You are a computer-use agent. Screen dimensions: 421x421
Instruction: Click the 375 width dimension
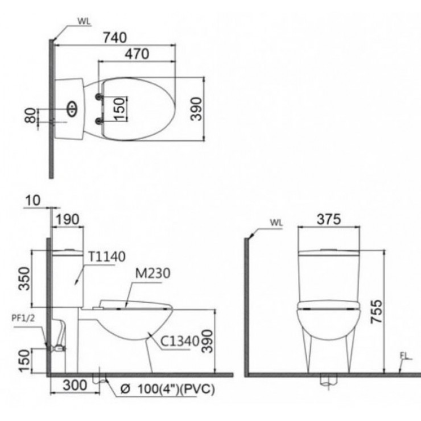328,219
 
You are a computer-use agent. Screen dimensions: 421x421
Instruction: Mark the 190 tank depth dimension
67,219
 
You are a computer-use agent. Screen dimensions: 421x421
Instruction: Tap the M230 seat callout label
152,274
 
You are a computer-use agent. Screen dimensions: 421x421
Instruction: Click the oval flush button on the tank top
71,109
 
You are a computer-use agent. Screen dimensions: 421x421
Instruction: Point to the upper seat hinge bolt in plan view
99,97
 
